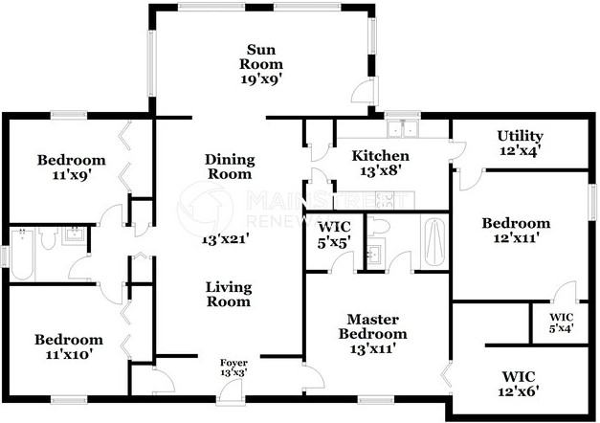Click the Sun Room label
pyautogui.click(x=261, y=56)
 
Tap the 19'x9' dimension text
pyautogui.click(x=261, y=79)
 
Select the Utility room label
pyautogui.click(x=520, y=136)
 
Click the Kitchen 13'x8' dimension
pyautogui.click(x=380, y=170)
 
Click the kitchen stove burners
pyautogui.click(x=384, y=200)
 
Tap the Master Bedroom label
pyautogui.click(x=372, y=326)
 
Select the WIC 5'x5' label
pyautogui.click(x=334, y=234)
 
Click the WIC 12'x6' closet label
pyautogui.click(x=519, y=384)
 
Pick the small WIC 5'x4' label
pyautogui.click(x=562, y=323)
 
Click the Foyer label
pyautogui.click(x=233, y=363)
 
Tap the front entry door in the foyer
pyautogui.click(x=231, y=391)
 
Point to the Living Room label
pyautogui.click(x=229, y=294)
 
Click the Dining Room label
pyautogui.click(x=230, y=167)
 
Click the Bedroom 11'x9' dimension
pyautogui.click(x=72, y=175)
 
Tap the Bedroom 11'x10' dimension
pyautogui.click(x=69, y=354)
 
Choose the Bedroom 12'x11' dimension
pyautogui.click(x=516, y=238)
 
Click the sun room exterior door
pyautogui.click(x=365, y=90)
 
